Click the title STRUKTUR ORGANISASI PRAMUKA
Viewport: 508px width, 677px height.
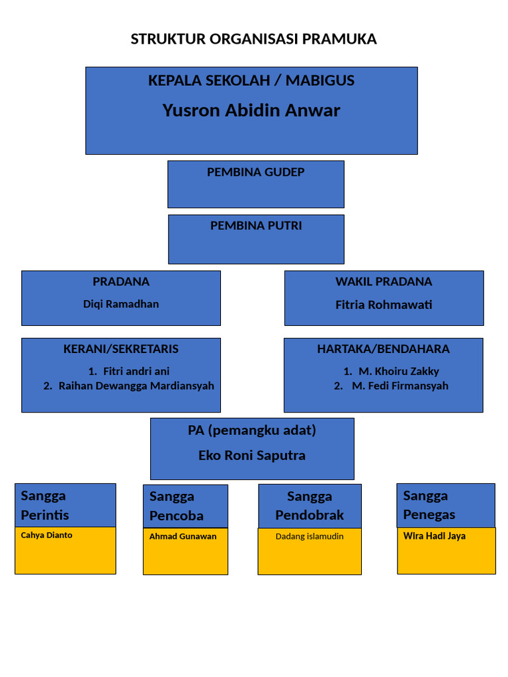click(253, 39)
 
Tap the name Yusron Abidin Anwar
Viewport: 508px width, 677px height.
click(251, 110)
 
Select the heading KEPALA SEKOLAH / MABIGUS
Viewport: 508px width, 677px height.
click(251, 80)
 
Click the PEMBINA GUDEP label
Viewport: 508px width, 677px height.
click(256, 172)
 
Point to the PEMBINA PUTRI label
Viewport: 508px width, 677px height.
click(256, 225)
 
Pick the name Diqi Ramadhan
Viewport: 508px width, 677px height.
click(121, 304)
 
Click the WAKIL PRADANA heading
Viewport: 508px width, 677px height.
click(384, 282)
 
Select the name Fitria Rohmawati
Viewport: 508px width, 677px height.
click(384, 305)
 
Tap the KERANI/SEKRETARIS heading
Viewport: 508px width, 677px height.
click(121, 349)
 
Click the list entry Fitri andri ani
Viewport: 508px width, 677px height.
click(136, 372)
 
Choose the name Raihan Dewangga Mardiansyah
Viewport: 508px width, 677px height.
click(136, 386)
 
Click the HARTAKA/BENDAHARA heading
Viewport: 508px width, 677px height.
click(383, 349)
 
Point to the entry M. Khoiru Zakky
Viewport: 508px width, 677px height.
click(399, 372)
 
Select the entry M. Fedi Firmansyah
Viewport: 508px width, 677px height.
click(400, 386)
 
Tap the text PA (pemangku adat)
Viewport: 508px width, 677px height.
click(252, 430)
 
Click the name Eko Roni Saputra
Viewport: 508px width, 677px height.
click(252, 455)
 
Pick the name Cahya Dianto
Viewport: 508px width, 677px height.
click(47, 535)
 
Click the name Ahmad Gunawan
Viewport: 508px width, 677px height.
click(183, 536)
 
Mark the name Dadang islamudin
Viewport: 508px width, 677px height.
click(310, 536)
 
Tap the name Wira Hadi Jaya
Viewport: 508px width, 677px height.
click(434, 536)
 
